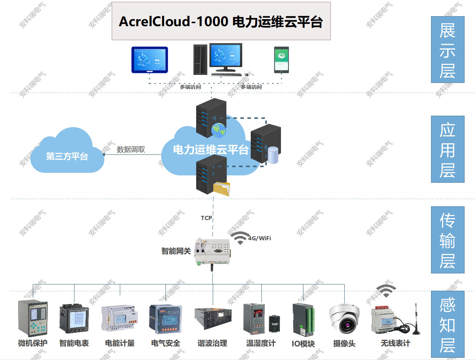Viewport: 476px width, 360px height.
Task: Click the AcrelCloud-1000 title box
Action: [x=221, y=21]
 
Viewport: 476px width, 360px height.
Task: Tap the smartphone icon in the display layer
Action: [x=281, y=59]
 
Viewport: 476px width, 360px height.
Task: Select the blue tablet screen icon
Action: [x=150, y=60]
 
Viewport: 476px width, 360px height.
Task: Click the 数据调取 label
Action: [x=131, y=149]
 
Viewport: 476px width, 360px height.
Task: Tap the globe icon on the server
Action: [x=218, y=130]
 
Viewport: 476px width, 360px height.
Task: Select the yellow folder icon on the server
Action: [x=222, y=188]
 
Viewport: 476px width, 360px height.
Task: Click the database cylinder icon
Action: [x=273, y=155]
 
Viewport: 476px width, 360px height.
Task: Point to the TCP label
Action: [x=206, y=218]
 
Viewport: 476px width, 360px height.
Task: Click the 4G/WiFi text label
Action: [x=260, y=238]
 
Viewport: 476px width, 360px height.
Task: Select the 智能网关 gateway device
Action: [x=213, y=251]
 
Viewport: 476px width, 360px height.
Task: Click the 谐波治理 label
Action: [x=212, y=343]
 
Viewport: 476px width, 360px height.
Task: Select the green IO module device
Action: [x=303, y=319]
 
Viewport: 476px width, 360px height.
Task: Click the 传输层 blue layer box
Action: [x=448, y=240]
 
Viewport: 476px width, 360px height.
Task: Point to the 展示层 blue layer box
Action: [x=448, y=50]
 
